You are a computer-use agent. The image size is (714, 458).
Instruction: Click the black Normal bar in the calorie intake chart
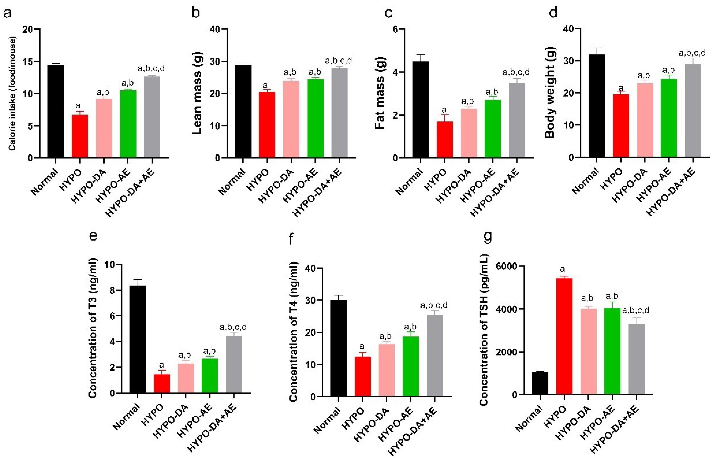click(x=56, y=111)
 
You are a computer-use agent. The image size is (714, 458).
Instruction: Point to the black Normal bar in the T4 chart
click(x=338, y=348)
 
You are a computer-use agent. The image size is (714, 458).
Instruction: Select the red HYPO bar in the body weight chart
click(x=621, y=126)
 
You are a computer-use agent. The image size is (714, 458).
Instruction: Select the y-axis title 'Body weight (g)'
click(x=550, y=93)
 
